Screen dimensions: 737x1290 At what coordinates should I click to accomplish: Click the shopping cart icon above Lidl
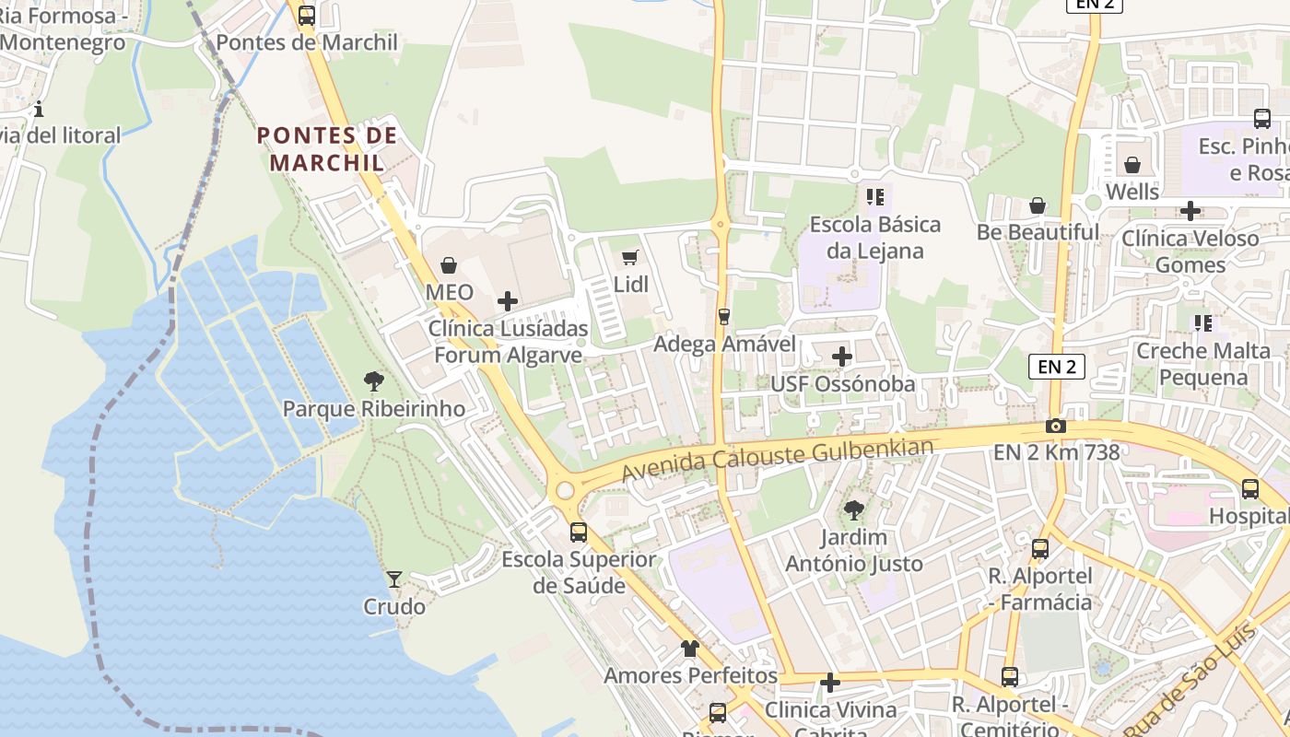coord(630,258)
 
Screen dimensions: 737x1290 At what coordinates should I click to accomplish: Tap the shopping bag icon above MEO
coord(449,266)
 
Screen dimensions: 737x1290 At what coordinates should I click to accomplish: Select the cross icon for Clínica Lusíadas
coord(507,301)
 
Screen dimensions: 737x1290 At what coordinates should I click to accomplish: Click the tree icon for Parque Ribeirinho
coord(373,380)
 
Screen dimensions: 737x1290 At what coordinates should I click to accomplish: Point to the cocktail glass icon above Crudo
coord(394,579)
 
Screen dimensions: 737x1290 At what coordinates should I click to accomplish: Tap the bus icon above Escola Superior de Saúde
coord(579,532)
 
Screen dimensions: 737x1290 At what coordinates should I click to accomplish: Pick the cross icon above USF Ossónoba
coord(842,357)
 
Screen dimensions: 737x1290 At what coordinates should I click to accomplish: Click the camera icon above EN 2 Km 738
coord(1056,426)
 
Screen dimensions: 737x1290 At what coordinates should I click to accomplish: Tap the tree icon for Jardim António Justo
coord(854,509)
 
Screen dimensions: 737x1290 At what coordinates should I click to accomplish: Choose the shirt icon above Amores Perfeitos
coord(690,649)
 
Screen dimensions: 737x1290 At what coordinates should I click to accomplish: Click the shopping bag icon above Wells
coord(1132,165)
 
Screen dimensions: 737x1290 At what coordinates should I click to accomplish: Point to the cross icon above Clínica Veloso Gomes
coord(1190,211)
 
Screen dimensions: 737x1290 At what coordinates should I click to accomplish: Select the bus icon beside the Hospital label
coord(1250,489)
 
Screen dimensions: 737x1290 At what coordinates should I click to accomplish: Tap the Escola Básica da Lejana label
coord(874,238)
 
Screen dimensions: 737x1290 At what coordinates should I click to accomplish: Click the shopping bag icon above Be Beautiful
coord(1038,205)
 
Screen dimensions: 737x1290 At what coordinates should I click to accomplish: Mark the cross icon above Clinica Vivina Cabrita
coord(830,683)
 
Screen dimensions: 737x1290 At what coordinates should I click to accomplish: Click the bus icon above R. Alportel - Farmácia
coord(1040,549)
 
